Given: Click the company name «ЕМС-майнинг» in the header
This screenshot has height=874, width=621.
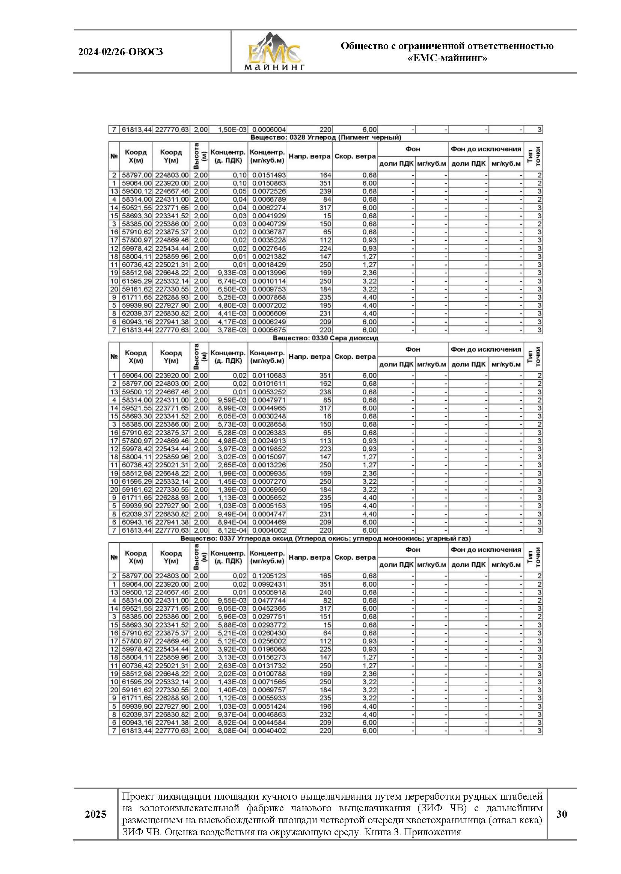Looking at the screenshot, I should tap(447, 59).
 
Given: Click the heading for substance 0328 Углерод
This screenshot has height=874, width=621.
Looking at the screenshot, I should tap(326, 137).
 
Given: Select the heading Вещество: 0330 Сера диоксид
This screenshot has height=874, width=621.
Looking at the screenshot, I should tap(326, 338).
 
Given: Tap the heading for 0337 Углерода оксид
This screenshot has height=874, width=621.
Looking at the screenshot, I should tap(326, 539).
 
